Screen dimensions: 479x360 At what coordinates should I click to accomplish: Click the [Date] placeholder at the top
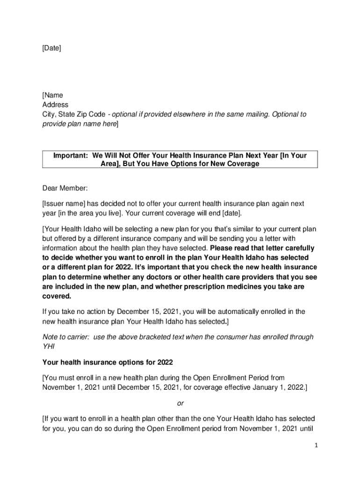click(51, 48)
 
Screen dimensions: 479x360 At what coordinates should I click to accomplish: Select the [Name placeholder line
click(53, 95)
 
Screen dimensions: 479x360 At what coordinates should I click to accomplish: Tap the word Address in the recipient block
click(55, 105)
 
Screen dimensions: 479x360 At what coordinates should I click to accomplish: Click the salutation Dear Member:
click(65, 188)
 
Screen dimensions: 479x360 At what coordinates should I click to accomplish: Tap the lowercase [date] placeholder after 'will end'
click(232, 213)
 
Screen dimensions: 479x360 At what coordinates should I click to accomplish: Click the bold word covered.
click(57, 296)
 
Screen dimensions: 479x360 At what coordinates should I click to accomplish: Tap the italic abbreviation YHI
click(49, 347)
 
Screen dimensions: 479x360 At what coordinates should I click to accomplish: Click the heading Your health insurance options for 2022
click(108, 362)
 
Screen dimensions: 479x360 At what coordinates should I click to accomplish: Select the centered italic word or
click(180, 403)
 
